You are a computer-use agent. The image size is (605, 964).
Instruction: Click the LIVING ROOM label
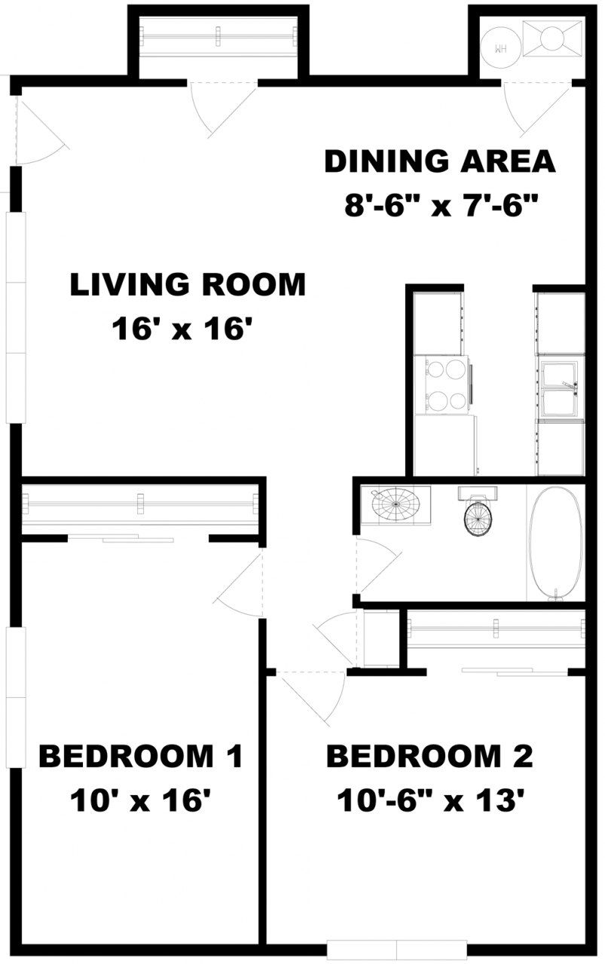188,285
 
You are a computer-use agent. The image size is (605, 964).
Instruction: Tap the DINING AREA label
439,162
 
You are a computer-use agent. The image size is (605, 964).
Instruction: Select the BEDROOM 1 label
140,756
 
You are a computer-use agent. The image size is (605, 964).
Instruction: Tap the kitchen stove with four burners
444,384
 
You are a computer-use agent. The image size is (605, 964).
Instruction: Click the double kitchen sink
559,388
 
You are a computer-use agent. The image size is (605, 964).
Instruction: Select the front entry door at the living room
39,132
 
